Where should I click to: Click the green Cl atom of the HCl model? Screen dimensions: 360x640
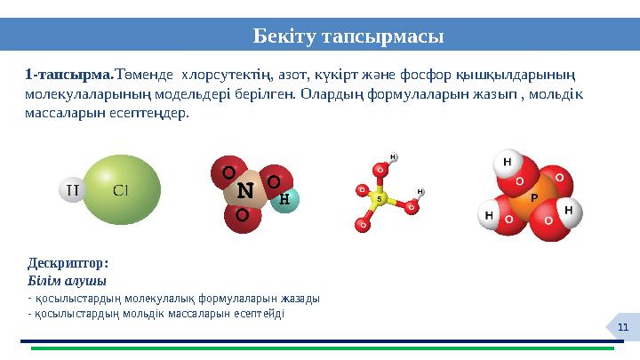click(123, 188)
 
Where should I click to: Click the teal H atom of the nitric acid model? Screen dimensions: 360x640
click(284, 199)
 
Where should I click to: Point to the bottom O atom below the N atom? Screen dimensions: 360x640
click(242, 216)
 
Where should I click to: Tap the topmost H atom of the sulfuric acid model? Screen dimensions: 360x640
click(392, 158)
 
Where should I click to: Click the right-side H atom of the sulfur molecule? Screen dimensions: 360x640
click(420, 192)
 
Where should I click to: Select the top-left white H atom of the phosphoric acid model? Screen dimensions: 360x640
click(507, 163)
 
